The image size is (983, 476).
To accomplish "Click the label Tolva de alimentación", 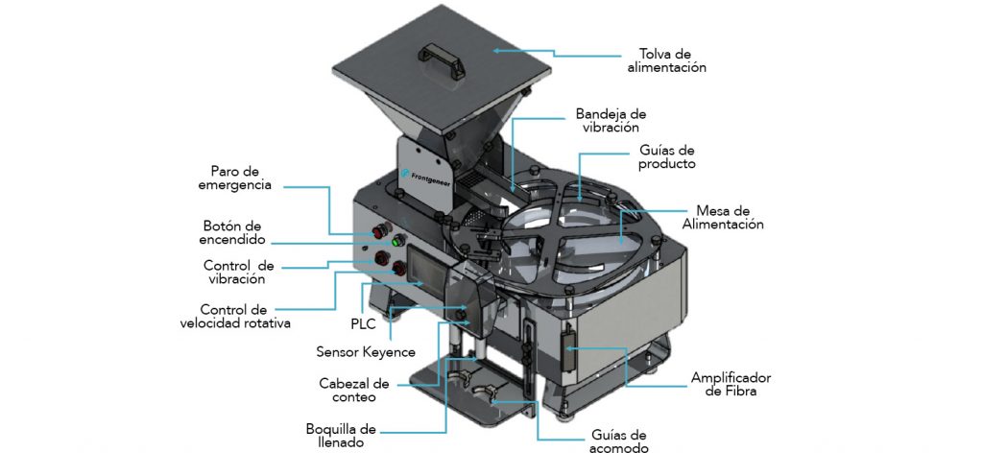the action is click(x=666, y=60).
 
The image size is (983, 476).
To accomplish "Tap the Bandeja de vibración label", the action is click(x=611, y=121).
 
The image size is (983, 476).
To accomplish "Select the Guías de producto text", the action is click(x=667, y=157).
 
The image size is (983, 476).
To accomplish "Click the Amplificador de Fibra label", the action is click(x=731, y=385).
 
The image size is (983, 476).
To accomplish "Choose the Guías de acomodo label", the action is click(x=619, y=441).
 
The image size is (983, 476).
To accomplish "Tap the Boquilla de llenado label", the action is click(x=341, y=436).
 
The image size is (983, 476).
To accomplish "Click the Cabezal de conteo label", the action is click(x=353, y=390).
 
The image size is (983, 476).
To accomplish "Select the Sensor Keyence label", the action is click(x=366, y=352).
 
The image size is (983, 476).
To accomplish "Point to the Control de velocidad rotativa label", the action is click(x=235, y=317).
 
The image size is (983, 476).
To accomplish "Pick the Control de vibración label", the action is click(x=238, y=273).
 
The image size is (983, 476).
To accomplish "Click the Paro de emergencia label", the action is click(x=235, y=178).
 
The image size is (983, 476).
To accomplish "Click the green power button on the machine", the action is click(x=396, y=241).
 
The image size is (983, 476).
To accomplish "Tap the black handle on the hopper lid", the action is click(x=442, y=59).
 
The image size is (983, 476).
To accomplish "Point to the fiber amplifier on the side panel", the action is click(x=569, y=349).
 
